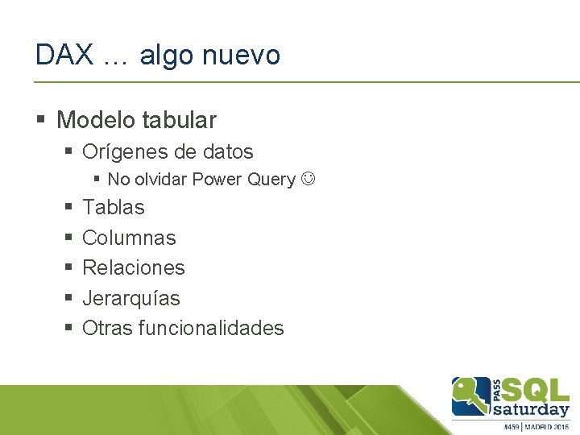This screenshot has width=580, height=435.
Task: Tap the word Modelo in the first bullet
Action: coord(96,121)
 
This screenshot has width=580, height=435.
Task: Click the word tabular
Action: coord(179,121)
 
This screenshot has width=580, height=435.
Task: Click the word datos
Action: coord(227,151)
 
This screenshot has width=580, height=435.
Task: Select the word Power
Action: coord(217,180)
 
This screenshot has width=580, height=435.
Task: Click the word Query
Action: coord(271,180)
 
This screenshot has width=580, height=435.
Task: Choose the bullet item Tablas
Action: coord(114,207)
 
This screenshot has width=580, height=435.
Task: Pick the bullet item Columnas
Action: coord(129,238)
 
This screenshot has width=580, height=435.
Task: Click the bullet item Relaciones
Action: coord(134,267)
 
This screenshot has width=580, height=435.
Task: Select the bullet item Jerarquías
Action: coord(131,298)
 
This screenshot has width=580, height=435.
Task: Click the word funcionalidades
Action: coord(211,328)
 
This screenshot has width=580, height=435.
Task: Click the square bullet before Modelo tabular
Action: coord(41,121)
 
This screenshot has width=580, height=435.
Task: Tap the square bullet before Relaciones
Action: coord(68,267)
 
